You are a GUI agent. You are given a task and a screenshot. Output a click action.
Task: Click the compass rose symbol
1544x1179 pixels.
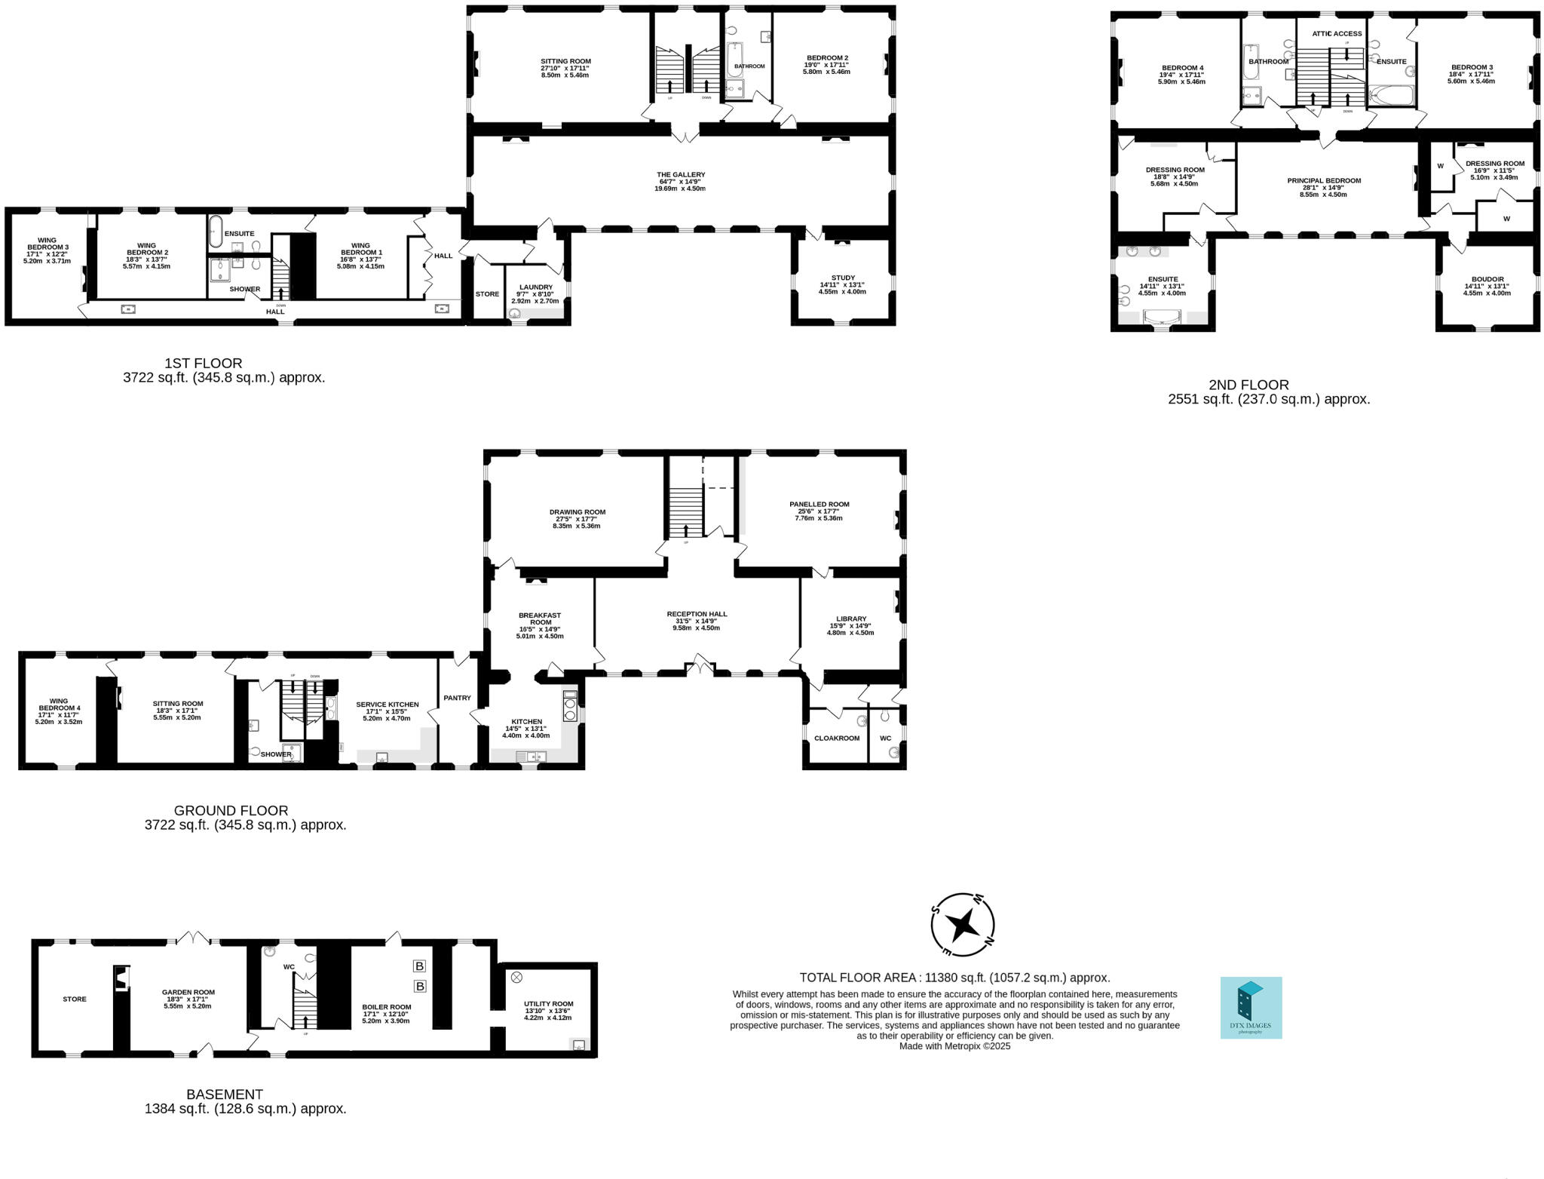[963, 924]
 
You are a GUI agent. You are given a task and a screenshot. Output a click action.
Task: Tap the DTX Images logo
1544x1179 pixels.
[1251, 1008]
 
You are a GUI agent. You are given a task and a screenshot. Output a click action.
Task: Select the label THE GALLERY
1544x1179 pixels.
[680, 175]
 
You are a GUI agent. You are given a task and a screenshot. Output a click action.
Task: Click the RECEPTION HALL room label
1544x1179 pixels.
[697, 614]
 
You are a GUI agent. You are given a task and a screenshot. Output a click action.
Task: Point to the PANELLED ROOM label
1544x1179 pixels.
[819, 504]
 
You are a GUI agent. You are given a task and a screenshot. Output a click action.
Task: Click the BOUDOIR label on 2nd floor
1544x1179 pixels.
[1487, 279]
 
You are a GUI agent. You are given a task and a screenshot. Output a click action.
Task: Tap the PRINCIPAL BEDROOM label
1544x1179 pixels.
[1323, 180]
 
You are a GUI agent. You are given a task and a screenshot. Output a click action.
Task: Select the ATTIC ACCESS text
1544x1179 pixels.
[1337, 34]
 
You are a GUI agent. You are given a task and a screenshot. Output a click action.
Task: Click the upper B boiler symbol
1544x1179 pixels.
[420, 966]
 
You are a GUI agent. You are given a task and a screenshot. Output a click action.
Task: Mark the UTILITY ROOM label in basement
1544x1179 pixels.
[548, 1004]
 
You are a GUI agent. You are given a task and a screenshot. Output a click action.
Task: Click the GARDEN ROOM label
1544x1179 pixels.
[188, 993]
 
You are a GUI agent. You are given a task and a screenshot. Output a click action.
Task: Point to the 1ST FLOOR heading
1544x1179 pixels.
[204, 364]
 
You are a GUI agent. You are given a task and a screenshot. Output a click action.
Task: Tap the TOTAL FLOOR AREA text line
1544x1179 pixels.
[954, 978]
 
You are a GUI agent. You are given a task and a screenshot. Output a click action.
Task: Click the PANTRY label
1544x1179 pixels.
[457, 698]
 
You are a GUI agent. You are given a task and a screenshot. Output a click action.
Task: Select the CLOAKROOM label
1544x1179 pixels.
[836, 738]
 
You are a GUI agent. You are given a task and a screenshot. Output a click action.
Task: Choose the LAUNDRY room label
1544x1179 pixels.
[535, 287]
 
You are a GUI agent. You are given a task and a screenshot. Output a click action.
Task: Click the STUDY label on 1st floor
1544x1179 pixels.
[842, 278]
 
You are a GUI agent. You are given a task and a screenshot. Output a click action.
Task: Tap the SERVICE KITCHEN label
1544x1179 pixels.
[387, 705]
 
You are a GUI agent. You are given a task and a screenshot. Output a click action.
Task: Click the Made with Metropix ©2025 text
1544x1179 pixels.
[954, 1046]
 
